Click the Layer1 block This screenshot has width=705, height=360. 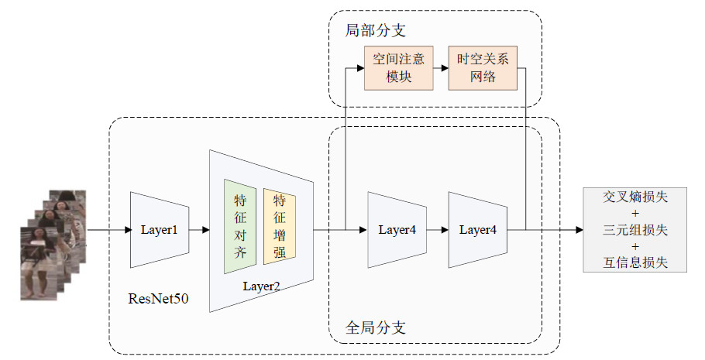tap(160, 230)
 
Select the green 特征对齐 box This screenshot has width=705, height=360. tap(239, 226)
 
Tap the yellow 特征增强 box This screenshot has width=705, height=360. tap(279, 226)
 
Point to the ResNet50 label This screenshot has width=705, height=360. tap(158, 297)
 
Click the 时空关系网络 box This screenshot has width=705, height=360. tap(482, 67)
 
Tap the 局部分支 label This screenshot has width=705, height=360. tap(375, 31)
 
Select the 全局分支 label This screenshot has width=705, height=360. tap(375, 327)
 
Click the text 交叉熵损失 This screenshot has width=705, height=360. tap(635, 197)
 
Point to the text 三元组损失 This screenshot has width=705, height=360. tap(635, 230)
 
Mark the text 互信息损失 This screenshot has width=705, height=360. tap(635, 262)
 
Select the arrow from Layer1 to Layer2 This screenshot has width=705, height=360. tap(199, 230)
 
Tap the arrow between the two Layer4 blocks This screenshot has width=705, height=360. tap(438, 230)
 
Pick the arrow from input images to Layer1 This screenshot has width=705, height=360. tap(108, 230)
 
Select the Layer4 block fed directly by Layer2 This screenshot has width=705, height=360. tap(397, 230)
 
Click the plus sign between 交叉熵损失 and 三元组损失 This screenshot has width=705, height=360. tap(635, 213)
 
